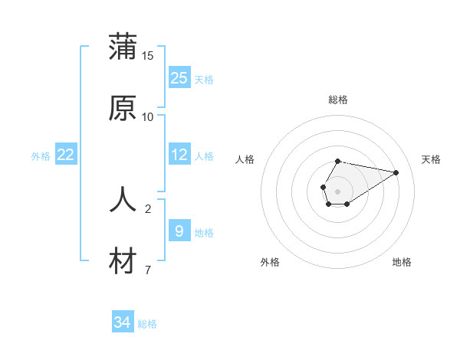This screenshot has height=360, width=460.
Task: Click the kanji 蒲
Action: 123,47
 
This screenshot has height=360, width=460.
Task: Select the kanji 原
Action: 123,108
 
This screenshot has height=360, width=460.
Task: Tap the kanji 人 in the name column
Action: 123,200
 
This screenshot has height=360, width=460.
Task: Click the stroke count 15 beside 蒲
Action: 148,56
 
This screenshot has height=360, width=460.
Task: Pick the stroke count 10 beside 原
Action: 148,117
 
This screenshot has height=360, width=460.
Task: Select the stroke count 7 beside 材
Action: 148,270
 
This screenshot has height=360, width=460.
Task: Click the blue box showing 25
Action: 179,78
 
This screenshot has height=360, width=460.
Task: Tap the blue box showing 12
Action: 179,155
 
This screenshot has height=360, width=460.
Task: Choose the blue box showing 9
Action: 179,231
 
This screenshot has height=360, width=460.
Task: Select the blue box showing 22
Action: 66,155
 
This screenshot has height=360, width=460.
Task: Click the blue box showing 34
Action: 123,323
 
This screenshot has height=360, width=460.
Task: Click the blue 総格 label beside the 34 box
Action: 147,324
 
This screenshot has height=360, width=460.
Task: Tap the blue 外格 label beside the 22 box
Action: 41,155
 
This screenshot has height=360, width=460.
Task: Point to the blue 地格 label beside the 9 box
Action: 204,232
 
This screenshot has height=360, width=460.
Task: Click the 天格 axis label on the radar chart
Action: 432,159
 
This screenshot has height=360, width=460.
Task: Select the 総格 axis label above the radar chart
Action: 338,100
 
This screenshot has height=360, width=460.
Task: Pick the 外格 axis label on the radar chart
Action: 270,262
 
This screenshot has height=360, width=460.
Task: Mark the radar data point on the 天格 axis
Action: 396,172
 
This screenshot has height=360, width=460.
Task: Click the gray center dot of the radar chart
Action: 337,191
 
